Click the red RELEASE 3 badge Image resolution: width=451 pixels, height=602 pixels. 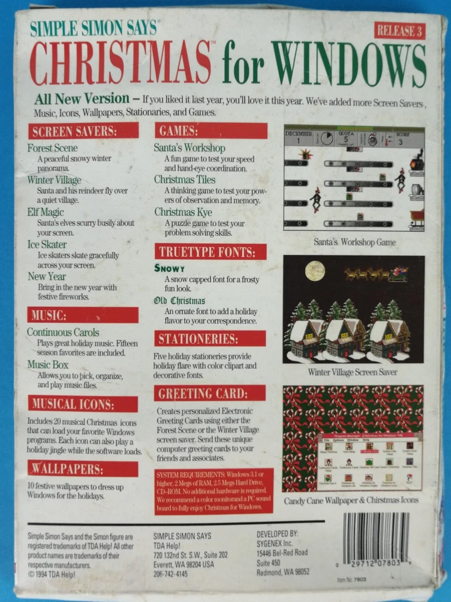(x=400, y=29)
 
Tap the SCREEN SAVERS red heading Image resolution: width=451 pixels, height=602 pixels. (x=83, y=130)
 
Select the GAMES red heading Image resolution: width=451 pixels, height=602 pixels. (x=210, y=130)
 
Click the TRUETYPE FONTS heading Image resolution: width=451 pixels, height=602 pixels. (x=210, y=251)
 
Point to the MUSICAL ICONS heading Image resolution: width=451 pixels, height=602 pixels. (x=82, y=403)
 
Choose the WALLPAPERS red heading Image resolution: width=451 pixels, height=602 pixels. (x=82, y=468)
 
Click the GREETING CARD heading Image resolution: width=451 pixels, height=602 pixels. (x=210, y=393)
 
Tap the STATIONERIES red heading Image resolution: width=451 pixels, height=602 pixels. (x=210, y=339)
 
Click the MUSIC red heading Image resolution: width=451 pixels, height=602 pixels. (x=82, y=315)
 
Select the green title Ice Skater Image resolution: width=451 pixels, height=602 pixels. (x=47, y=244)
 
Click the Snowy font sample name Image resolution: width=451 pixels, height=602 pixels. (x=169, y=268)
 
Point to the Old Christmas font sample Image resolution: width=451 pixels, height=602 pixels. (x=180, y=300)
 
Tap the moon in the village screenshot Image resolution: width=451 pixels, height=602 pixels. (x=315, y=270)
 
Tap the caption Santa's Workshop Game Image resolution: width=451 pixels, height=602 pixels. (x=354, y=242)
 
